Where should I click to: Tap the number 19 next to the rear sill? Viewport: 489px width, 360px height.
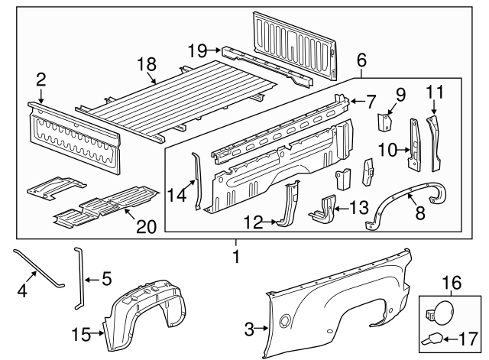[x=197, y=51]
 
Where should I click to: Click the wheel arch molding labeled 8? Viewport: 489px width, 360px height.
[x=409, y=200]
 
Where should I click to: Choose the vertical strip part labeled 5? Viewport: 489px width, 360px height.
[x=79, y=279]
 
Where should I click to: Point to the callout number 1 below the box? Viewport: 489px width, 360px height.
[x=236, y=258]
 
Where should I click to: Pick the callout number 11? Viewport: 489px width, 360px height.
[x=434, y=92]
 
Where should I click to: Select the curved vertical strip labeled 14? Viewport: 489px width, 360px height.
[x=197, y=182]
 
